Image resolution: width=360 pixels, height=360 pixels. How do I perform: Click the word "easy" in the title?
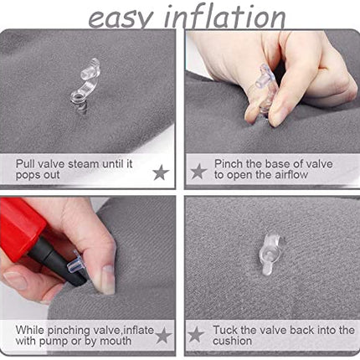pyautogui.click(x=121, y=19)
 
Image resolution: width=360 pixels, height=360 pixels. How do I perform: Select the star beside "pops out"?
pyautogui.click(x=161, y=172)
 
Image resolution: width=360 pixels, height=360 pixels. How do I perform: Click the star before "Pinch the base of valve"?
pyautogui.click(x=198, y=172)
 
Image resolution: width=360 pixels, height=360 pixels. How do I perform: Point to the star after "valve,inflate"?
pyautogui.click(x=163, y=335)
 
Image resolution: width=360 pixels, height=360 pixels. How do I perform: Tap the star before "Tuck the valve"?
pyautogui.click(x=196, y=334)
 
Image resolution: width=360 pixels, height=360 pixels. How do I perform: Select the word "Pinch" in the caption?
pyautogui.click(x=229, y=163)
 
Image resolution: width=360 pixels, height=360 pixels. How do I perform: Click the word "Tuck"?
pyautogui.click(x=225, y=330)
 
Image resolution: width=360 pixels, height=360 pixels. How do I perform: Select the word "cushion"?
pyautogui.click(x=232, y=341)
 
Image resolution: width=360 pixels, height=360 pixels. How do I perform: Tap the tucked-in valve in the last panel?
pyautogui.click(x=269, y=255)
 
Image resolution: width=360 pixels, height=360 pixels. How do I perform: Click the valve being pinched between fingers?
pyautogui.click(x=264, y=90)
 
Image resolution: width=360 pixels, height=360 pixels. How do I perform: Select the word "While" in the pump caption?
pyautogui.click(x=30, y=330)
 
